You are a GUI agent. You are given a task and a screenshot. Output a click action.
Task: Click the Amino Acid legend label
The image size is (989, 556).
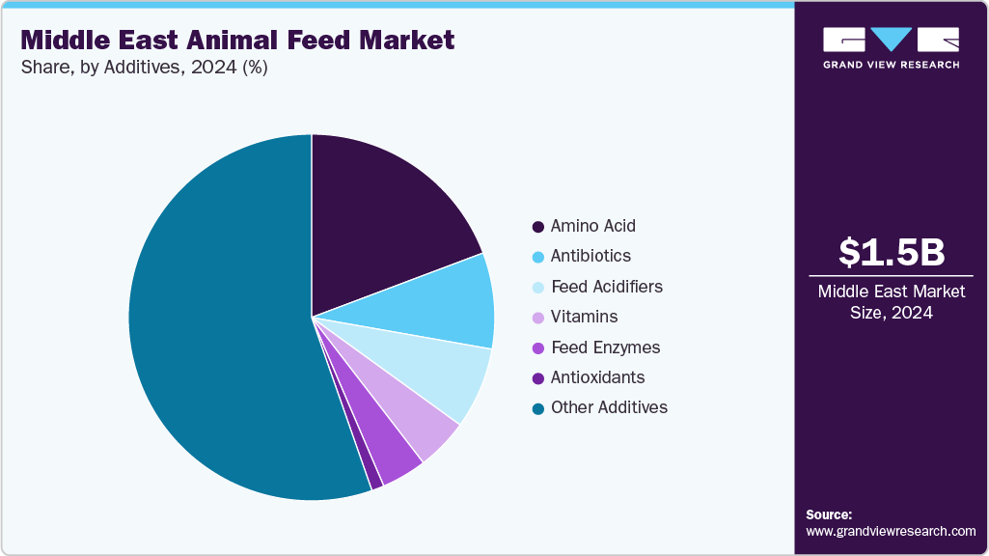(x=592, y=226)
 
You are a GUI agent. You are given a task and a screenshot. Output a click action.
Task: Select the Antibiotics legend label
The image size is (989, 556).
(x=591, y=256)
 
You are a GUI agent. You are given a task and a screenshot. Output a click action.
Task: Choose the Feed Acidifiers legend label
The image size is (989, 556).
(x=606, y=287)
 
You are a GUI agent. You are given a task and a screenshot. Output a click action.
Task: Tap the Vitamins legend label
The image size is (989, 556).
(x=584, y=317)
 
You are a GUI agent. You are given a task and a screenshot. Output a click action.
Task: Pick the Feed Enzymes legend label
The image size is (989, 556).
(x=605, y=347)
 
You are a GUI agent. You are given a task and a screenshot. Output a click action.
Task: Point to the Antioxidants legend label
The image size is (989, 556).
(x=597, y=377)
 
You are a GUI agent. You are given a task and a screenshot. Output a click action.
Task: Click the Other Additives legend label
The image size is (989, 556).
(x=609, y=407)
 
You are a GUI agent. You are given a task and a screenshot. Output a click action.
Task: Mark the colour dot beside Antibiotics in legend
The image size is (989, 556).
(x=537, y=257)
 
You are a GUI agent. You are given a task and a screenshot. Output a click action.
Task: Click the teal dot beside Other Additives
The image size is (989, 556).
(x=537, y=408)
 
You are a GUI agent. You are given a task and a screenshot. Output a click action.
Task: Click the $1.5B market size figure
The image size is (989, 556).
(x=891, y=252)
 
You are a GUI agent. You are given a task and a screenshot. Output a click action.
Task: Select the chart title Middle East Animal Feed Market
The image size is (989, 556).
(x=236, y=41)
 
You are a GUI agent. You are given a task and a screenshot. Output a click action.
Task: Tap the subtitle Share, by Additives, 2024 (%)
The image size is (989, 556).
(x=144, y=68)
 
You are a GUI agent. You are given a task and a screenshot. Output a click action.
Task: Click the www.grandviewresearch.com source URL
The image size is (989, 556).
(x=891, y=531)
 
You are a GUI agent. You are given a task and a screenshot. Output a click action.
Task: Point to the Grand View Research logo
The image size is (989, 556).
(x=891, y=47)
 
